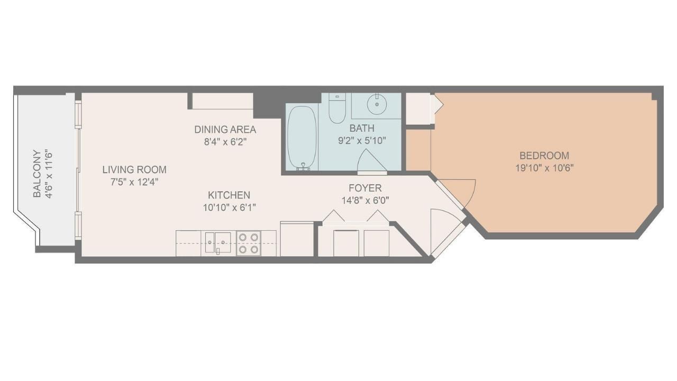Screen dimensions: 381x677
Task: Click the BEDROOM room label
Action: click(x=544, y=156)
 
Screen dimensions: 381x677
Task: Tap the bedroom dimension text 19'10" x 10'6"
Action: click(x=544, y=168)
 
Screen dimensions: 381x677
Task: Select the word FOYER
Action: click(x=364, y=188)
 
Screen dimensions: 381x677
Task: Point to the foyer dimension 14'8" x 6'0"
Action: click(x=364, y=201)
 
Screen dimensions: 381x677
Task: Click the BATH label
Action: click(x=362, y=128)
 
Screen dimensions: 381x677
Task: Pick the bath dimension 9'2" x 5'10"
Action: click(x=362, y=141)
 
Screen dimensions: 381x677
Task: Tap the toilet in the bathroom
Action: click(x=337, y=108)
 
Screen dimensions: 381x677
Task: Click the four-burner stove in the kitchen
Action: click(x=248, y=243)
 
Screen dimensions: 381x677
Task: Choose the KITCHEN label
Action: click(x=228, y=195)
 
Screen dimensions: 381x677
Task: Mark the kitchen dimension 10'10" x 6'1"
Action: click(x=228, y=207)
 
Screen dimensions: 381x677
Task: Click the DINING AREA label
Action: click(x=225, y=130)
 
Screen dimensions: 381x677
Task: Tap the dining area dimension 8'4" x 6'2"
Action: click(x=225, y=142)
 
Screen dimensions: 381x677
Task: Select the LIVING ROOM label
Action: click(x=134, y=170)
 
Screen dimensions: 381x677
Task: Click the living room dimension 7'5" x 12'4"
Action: click(x=134, y=182)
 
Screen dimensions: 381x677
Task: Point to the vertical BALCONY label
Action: click(x=37, y=174)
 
